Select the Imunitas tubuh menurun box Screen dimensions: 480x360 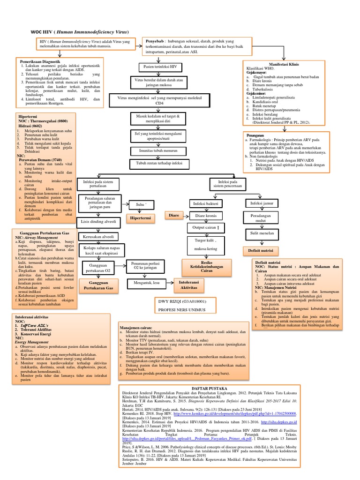154,151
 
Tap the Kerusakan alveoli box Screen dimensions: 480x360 99,236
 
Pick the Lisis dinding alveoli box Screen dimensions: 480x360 98,221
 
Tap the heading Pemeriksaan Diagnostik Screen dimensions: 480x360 39,61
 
